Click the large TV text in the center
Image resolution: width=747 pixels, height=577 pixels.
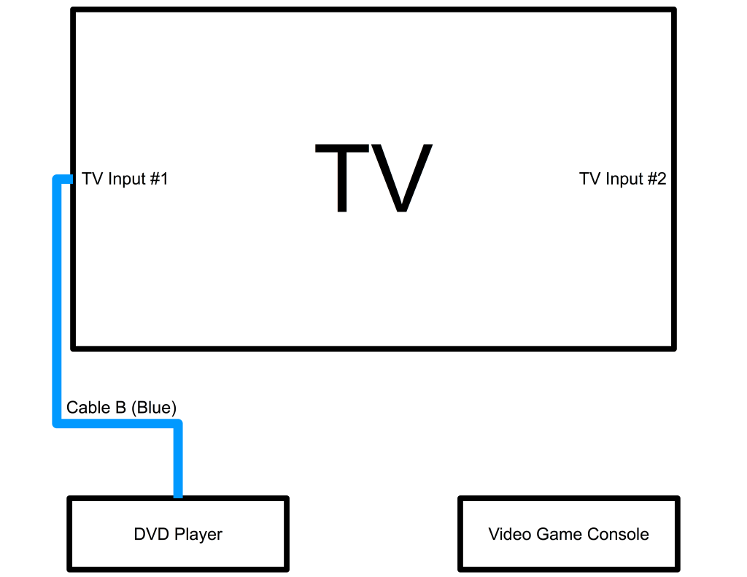[x=373, y=179]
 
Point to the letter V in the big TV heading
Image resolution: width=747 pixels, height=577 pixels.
[x=403, y=179]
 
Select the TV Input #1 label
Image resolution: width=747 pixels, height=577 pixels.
[x=125, y=179]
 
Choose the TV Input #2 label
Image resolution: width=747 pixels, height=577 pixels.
[x=622, y=179]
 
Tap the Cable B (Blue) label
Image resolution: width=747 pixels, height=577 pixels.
[x=122, y=408]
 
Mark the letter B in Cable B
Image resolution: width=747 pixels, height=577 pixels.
[x=120, y=408]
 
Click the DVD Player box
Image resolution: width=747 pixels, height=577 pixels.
[x=178, y=534]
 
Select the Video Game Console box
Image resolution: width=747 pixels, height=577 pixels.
[x=568, y=534]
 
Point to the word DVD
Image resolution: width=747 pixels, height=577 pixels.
[x=149, y=534]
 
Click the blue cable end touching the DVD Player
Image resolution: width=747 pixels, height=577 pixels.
[x=177, y=492]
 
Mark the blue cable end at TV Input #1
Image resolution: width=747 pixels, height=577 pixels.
[x=68, y=179]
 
